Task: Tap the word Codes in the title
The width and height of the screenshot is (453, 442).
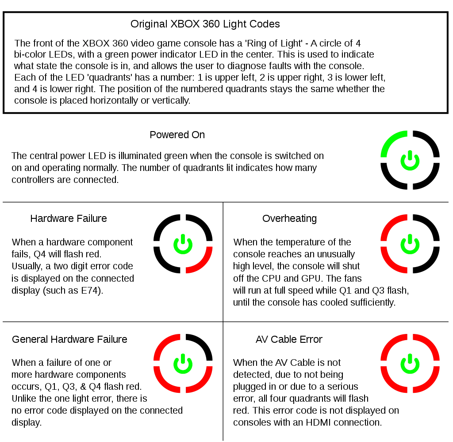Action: coord(266,23)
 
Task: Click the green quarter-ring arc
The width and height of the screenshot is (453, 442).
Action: coord(391,140)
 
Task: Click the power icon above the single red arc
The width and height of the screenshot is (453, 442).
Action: coord(183,245)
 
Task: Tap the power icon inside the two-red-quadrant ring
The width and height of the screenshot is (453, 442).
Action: coord(410,244)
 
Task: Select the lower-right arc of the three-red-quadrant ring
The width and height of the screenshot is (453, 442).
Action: coord(203,383)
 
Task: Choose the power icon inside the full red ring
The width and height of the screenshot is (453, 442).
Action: coord(410,364)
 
